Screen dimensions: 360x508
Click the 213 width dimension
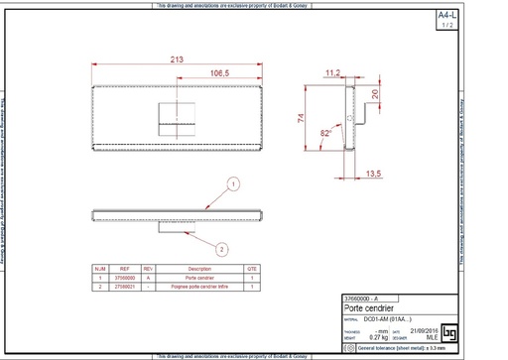point(177,60)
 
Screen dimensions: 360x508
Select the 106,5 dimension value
point(220,73)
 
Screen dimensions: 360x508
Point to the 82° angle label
point(326,132)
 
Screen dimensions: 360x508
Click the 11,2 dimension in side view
point(333,73)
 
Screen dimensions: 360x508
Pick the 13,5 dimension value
point(374,174)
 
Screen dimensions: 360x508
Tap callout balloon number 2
point(223,249)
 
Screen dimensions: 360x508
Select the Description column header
point(199,269)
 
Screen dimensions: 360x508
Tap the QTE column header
point(252,269)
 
